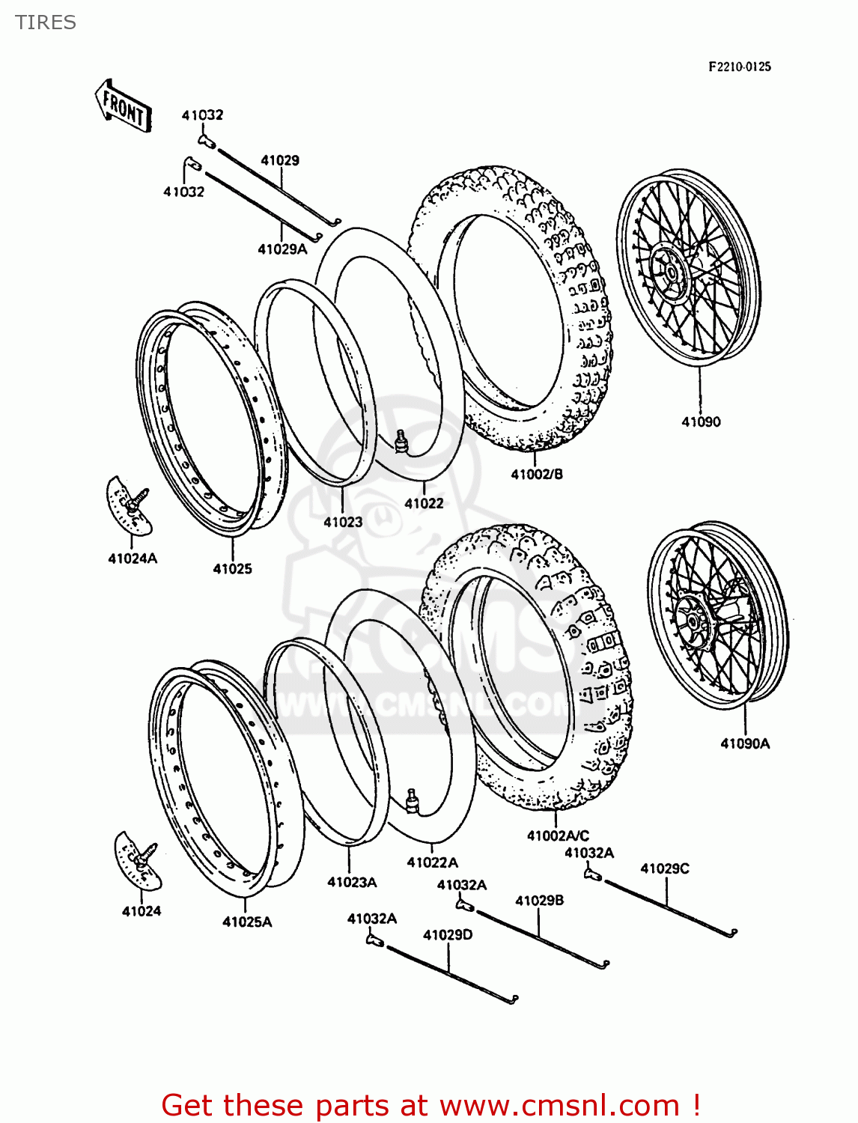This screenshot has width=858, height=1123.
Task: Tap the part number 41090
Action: click(x=701, y=422)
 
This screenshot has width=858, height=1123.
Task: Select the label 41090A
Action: click(x=745, y=743)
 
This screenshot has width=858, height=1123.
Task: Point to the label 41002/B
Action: click(x=537, y=474)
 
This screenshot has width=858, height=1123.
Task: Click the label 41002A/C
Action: click(x=558, y=836)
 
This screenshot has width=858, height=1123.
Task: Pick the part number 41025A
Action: click(x=247, y=922)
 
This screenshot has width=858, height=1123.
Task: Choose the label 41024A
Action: click(x=133, y=559)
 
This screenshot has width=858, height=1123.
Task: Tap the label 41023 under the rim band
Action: click(x=343, y=522)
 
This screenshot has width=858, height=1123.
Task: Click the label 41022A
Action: click(x=432, y=862)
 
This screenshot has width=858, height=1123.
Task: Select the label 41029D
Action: click(x=448, y=934)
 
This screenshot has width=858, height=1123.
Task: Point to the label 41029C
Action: click(x=665, y=868)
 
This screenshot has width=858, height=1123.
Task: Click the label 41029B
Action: click(x=539, y=900)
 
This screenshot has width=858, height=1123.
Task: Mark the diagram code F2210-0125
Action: click(x=740, y=67)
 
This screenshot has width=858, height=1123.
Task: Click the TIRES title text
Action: click(x=46, y=22)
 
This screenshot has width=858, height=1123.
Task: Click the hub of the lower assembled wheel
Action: click(x=693, y=618)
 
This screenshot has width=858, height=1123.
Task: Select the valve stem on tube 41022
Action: click(x=402, y=441)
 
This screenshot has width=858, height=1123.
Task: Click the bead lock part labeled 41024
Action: click(x=140, y=861)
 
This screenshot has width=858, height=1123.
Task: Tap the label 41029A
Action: click(x=282, y=249)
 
